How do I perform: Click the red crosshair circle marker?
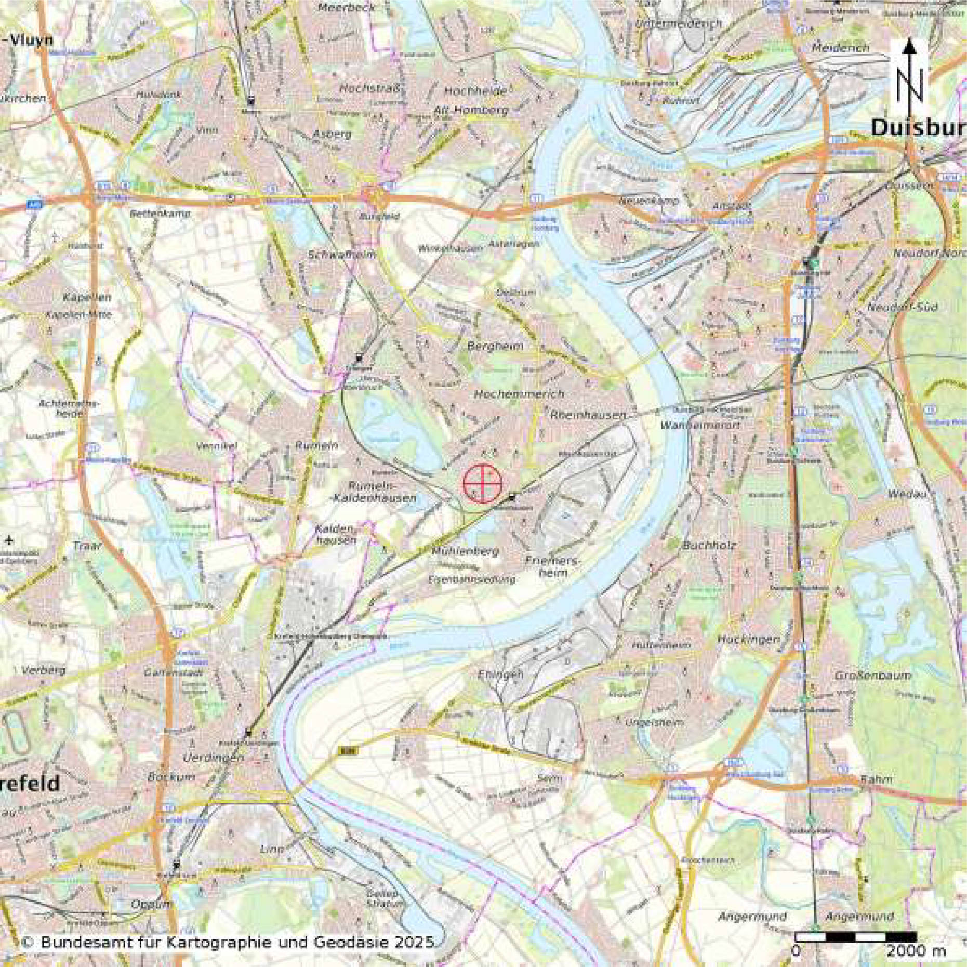coord(483,483)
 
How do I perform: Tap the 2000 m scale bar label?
coord(916,951)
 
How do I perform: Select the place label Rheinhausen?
coord(588,415)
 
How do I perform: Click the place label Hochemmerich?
coord(519,394)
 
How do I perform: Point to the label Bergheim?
coord(495,346)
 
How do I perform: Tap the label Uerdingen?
coord(213,758)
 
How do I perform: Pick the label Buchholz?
coord(709,546)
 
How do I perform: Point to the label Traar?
coord(87,546)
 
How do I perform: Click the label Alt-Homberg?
coord(471,110)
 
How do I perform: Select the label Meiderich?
coord(840,48)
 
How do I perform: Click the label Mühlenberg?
coord(465,551)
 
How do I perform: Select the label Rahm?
coord(876,779)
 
